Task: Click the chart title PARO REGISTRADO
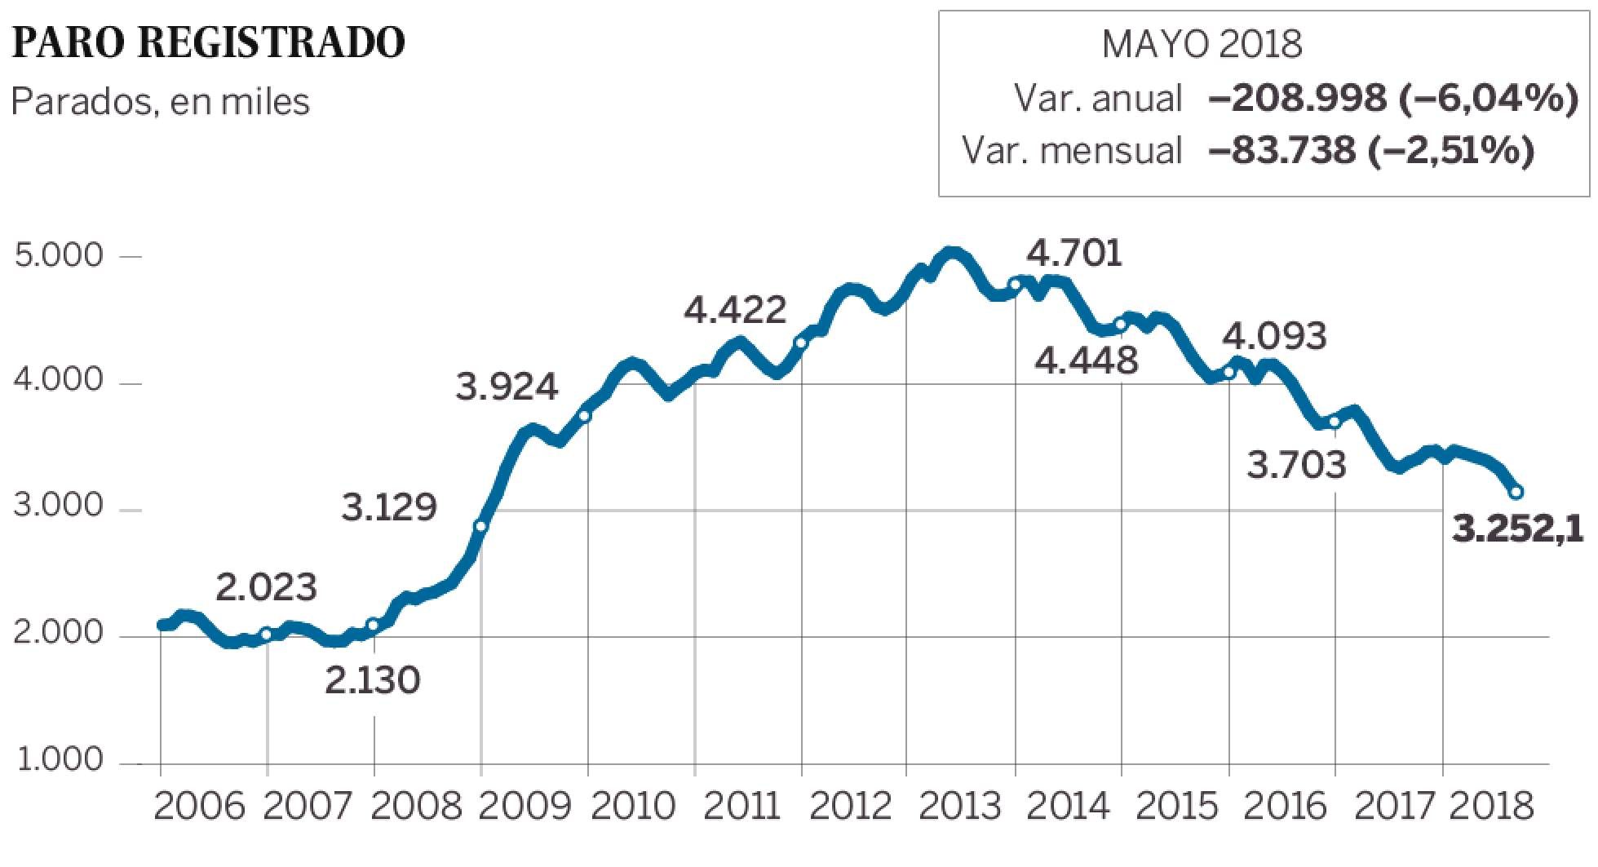click(209, 43)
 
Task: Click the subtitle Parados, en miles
click(160, 103)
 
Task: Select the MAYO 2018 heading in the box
click(1202, 44)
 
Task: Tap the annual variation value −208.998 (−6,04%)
click(1392, 100)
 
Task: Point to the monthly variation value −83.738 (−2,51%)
click(1370, 150)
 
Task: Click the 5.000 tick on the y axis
click(60, 256)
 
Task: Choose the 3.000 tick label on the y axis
click(60, 507)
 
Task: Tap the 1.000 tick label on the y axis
click(60, 761)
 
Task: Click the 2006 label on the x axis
click(198, 807)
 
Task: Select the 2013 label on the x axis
click(960, 807)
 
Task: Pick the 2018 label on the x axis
click(1493, 807)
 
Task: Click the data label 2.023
click(267, 587)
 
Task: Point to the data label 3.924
click(507, 387)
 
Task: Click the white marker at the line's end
click(1516, 492)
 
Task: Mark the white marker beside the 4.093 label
click(1229, 373)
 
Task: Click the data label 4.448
click(1087, 360)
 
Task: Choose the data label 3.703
click(1297, 466)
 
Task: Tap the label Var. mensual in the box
click(1072, 151)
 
